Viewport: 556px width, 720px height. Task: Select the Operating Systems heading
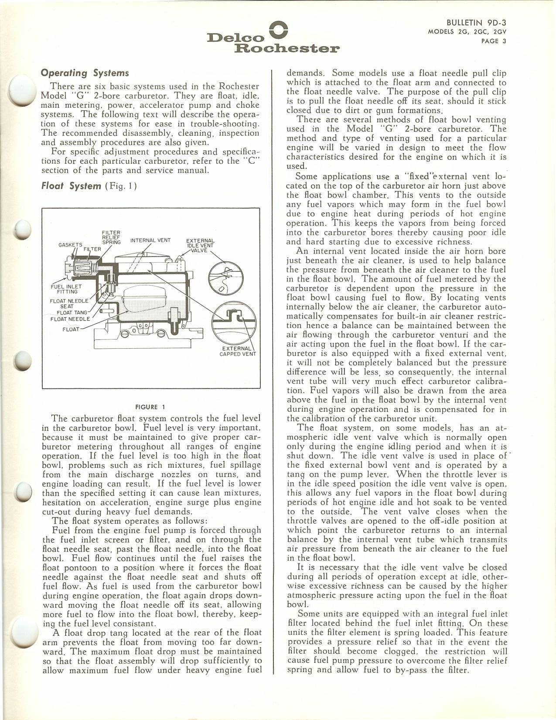pyautogui.click(x=85, y=73)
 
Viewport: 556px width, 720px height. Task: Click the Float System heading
pyautogui.click(x=71, y=186)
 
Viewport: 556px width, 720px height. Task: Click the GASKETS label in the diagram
pyautogui.click(x=70, y=244)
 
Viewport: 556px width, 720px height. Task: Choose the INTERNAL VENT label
pyautogui.click(x=150, y=240)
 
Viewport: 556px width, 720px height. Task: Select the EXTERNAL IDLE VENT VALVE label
pyautogui.click(x=200, y=245)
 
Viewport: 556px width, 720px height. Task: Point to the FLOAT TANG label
pyautogui.click(x=72, y=312)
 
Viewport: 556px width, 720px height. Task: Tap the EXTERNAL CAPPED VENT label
pyautogui.click(x=237, y=351)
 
